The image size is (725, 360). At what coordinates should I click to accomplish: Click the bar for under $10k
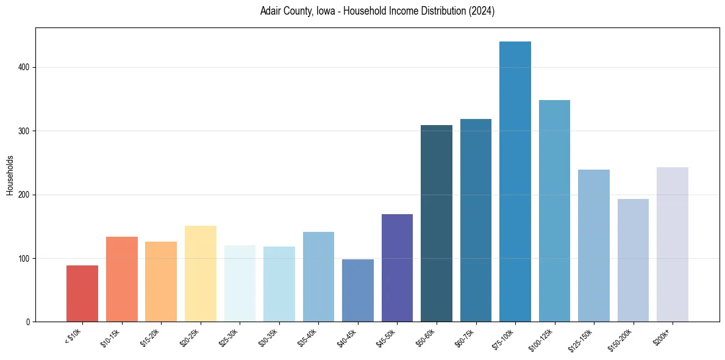(82, 293)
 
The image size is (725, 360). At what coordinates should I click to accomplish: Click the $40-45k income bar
(358, 290)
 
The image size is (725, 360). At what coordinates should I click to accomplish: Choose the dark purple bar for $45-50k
(397, 268)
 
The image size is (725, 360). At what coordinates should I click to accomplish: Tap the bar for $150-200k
(633, 260)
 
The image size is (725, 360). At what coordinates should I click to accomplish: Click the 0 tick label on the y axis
(27, 322)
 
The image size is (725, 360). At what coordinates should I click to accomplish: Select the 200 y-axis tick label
(24, 195)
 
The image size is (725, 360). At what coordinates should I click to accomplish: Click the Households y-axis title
(10, 175)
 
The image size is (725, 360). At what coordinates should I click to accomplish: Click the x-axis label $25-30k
(229, 337)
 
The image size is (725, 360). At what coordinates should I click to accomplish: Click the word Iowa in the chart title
(317, 12)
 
